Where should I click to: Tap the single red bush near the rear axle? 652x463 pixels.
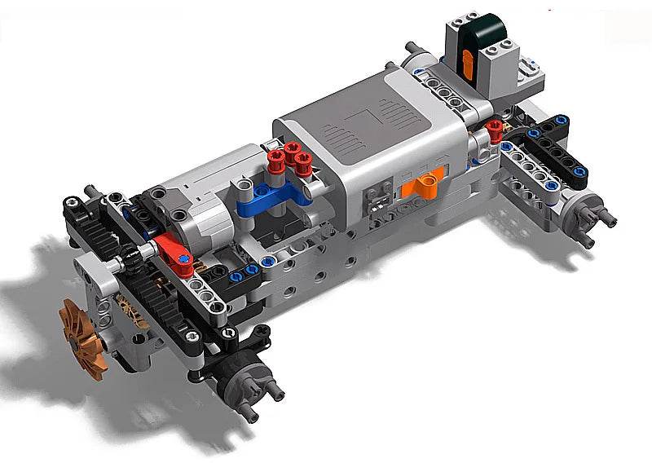point(494,127)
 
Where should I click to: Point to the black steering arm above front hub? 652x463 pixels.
point(236,342)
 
